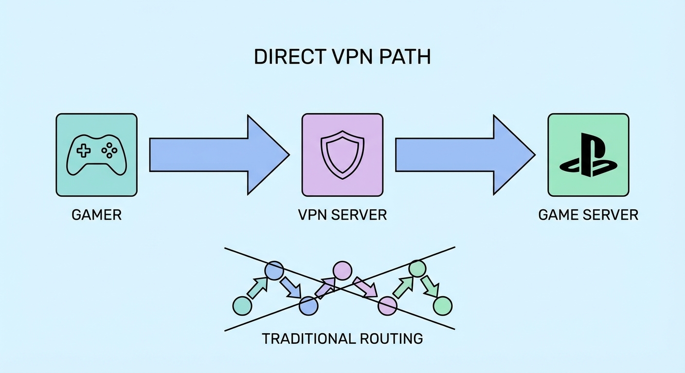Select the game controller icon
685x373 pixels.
coord(96,154)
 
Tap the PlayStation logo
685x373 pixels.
coord(588,154)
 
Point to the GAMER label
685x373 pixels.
coord(96,215)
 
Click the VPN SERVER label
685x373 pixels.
coord(342,215)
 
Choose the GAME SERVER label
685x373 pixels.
coord(588,215)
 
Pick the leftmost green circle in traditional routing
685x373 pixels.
coord(242,305)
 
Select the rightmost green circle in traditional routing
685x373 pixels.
coord(442,306)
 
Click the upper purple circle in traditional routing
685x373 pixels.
coord(342,271)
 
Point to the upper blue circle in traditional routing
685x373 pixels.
coord(274,271)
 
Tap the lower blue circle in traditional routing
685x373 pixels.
coord(308,306)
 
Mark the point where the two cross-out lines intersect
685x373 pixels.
coord(340,288)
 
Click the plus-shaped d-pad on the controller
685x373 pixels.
coord(84,151)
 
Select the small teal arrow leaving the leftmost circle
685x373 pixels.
coord(257,288)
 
